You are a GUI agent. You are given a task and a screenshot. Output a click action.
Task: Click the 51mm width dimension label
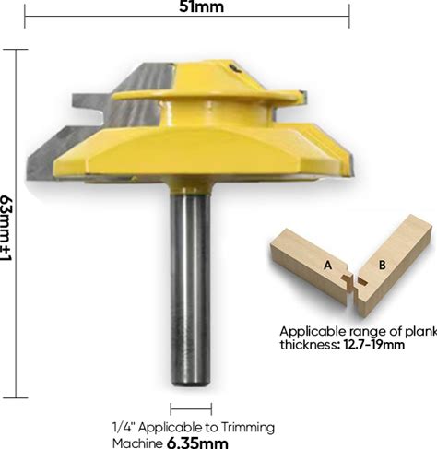pos(201,6)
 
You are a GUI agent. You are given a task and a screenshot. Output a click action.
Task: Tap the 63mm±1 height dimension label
pos(6,228)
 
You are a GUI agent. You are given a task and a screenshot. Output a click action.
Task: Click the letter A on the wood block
pos(328,265)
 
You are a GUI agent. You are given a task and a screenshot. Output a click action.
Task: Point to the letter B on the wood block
pos(383,265)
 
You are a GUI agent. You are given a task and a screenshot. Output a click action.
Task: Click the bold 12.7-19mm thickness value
pos(373,345)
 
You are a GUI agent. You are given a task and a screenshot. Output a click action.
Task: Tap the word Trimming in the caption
pos(248,428)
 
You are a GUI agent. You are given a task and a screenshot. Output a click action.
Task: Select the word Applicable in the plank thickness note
pos(313,332)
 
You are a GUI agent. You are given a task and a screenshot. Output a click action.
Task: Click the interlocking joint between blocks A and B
pos(353,284)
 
